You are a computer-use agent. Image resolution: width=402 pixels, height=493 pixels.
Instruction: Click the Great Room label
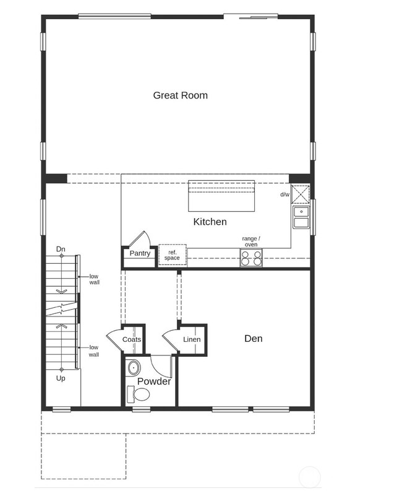(181, 95)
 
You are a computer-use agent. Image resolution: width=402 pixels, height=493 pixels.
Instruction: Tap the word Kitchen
(210, 222)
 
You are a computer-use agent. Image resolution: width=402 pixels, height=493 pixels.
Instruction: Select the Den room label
(253, 338)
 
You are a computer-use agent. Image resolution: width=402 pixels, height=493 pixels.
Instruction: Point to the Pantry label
(140, 253)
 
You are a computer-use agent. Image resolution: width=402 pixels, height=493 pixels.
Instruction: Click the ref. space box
(172, 255)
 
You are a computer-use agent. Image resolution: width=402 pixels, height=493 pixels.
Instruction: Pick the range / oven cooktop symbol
(251, 258)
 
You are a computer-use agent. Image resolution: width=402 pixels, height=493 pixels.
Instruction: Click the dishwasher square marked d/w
(301, 194)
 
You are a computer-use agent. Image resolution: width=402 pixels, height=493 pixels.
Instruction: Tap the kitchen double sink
(301, 217)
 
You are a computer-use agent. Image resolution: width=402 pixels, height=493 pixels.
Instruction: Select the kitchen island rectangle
(221, 195)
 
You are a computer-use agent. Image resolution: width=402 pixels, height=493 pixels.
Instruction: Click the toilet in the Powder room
(139, 394)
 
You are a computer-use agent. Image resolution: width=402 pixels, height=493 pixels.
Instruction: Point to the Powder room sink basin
(134, 369)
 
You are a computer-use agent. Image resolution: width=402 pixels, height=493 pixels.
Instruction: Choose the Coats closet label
(132, 339)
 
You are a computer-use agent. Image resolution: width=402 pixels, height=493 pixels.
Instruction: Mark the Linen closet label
(192, 339)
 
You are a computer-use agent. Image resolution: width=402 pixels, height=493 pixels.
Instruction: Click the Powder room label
(153, 382)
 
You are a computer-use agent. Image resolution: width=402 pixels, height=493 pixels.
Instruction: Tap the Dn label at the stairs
(61, 249)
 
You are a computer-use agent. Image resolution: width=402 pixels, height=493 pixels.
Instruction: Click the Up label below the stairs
(61, 378)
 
